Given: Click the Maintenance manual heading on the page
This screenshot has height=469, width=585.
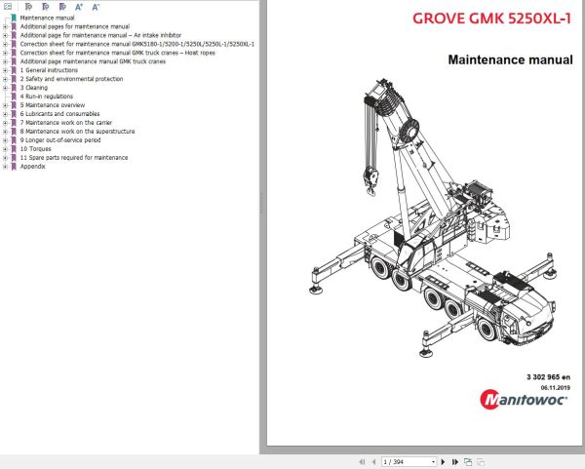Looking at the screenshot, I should (x=510, y=59).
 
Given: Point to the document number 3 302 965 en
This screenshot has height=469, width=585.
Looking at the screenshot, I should (x=549, y=375).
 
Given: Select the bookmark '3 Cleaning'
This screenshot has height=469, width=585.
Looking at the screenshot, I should (x=34, y=88).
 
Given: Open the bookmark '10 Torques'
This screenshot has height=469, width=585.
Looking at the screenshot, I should (x=35, y=149).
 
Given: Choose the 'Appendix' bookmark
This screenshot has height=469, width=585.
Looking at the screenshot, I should (x=33, y=166).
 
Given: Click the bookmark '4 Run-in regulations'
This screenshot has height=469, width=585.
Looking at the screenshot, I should (x=48, y=97).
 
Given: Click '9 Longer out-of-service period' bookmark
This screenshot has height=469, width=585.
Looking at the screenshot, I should (x=60, y=139).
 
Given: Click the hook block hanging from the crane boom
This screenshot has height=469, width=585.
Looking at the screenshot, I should (x=370, y=177).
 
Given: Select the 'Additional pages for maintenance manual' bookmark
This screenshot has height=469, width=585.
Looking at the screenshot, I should (x=75, y=26).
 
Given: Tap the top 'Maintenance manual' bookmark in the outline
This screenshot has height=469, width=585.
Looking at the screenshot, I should (x=47, y=18).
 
